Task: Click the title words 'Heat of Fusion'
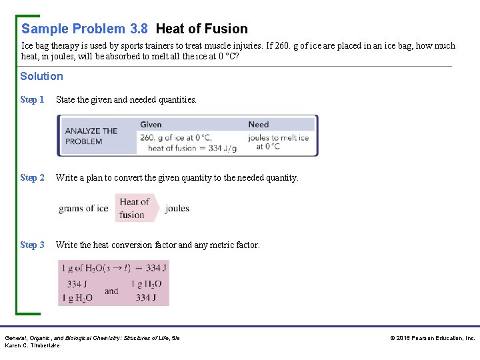[x=201, y=29]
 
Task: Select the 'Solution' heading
[x=41, y=76]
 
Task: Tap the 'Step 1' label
[x=32, y=100]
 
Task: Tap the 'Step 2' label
[x=32, y=178]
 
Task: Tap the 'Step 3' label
[x=32, y=245]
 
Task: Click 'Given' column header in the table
[x=151, y=125]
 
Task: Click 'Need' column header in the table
[x=259, y=125]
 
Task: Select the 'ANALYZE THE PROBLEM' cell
[x=91, y=136]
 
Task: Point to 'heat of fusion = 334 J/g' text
[x=192, y=148]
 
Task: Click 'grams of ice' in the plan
[x=83, y=209]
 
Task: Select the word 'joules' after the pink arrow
[x=177, y=209]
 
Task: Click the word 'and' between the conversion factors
[x=111, y=291]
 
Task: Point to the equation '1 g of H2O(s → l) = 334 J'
[x=114, y=268]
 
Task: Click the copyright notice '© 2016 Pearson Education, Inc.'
[x=433, y=338]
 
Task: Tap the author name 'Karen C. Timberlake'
[x=33, y=345]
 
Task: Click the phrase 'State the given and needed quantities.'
[x=127, y=100]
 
